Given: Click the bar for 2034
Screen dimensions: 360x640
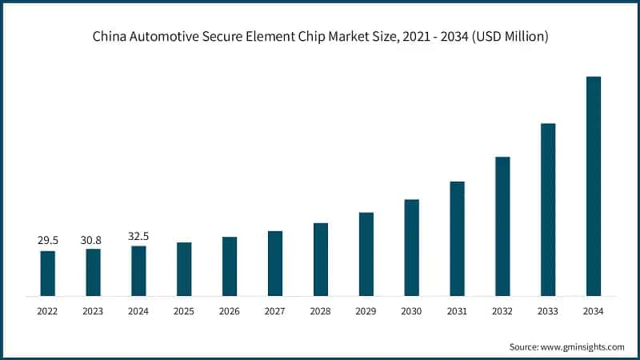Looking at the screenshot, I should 593,186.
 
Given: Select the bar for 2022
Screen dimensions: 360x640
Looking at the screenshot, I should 48,274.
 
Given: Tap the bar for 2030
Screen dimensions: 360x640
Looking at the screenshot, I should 411,248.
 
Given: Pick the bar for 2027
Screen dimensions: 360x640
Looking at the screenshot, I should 275,263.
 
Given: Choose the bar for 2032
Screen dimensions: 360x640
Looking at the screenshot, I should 502,226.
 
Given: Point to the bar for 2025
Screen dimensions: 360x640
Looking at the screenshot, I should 184,269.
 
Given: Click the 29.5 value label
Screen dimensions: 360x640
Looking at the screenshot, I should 48,240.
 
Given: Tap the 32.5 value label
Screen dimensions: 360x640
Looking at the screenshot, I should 138,236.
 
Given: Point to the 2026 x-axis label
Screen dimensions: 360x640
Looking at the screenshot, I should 230,311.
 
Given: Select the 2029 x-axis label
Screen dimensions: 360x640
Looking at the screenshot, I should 366,311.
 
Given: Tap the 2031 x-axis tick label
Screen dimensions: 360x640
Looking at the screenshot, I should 457,311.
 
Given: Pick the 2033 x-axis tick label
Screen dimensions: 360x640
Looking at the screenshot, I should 548,311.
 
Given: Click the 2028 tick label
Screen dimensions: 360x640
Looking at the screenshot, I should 321,311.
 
